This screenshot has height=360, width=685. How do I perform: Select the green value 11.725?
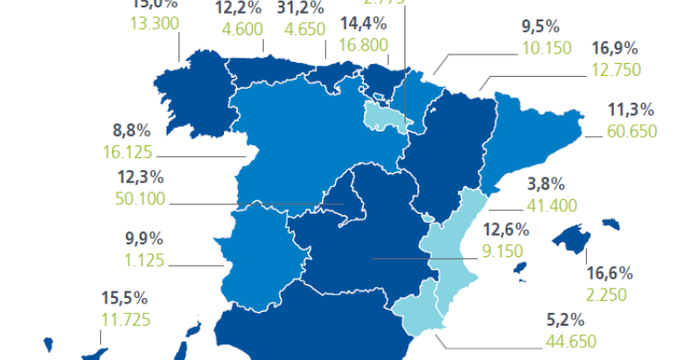tap(124, 320)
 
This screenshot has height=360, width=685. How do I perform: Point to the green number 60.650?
tap(631, 131)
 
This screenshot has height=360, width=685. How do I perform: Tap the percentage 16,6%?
tap(609, 273)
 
